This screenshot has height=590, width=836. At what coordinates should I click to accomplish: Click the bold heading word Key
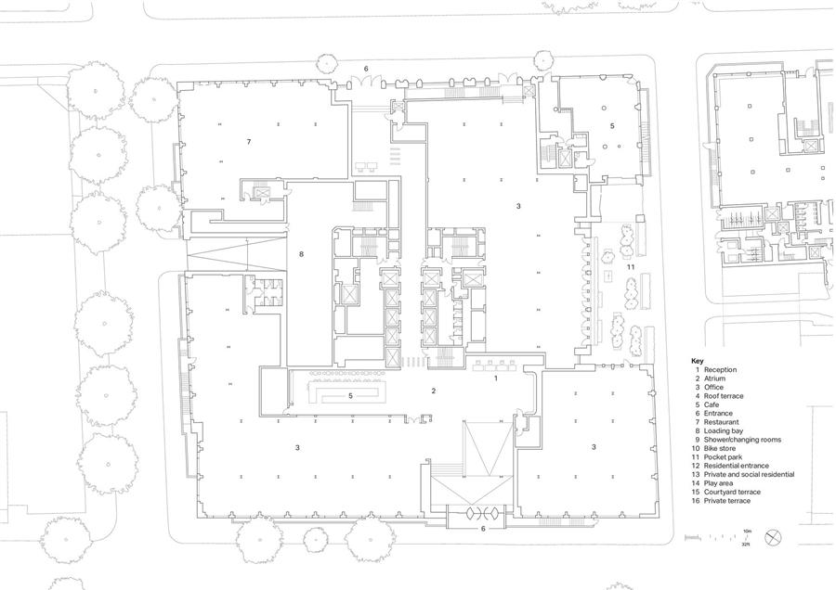[x=698, y=361]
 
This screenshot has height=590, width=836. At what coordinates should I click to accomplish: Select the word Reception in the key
[x=720, y=369]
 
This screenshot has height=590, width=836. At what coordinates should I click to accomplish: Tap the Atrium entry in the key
[x=714, y=378]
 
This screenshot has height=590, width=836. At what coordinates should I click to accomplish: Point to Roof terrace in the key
[x=724, y=396]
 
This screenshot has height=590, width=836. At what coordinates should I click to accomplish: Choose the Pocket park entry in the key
[x=723, y=457]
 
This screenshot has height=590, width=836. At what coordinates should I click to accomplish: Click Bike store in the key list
[x=720, y=448]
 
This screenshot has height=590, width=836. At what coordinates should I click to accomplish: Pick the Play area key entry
[x=718, y=483]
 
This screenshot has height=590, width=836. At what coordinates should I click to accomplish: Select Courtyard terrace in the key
[x=732, y=492]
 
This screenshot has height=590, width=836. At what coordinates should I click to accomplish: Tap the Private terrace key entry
[x=726, y=501]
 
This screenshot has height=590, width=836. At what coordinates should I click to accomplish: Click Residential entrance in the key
[x=737, y=466]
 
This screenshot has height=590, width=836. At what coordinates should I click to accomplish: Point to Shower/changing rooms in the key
[x=742, y=440]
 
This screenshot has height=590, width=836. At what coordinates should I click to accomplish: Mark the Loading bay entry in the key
[x=724, y=430]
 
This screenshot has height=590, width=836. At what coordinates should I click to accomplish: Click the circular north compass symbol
[x=773, y=537]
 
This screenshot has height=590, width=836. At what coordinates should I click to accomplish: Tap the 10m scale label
[x=747, y=532]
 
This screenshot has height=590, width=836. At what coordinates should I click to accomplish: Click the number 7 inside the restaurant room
[x=248, y=142]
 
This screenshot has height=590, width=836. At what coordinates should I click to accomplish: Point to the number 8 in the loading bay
[x=301, y=254]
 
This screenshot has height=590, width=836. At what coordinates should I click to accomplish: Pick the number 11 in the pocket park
[x=630, y=267]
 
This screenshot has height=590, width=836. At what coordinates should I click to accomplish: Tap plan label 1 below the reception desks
[x=496, y=378]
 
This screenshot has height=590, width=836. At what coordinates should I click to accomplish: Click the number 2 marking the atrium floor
[x=434, y=391]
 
